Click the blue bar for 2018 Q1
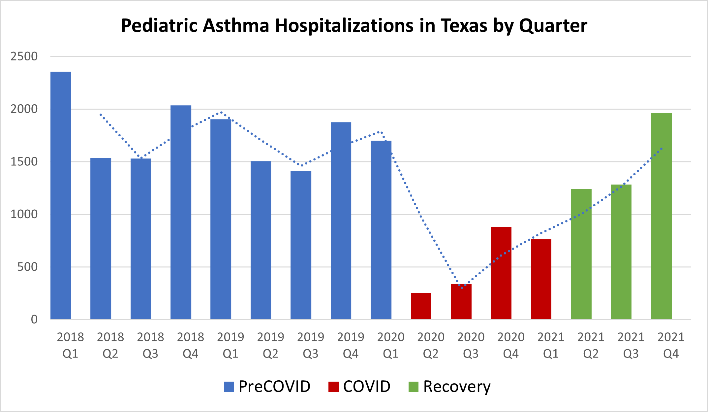[x=61, y=195]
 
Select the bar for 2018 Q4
[x=181, y=212]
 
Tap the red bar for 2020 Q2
[x=421, y=306]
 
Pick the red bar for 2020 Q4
[x=501, y=273]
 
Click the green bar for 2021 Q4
[x=661, y=216]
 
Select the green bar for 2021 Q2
[x=581, y=254]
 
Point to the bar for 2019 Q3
[x=301, y=245]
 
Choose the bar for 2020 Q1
[x=381, y=230]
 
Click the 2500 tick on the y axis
[x=24, y=56]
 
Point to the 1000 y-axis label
[x=24, y=214]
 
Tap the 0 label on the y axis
[x=34, y=319]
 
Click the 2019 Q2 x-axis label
[x=270, y=345]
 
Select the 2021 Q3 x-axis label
[x=631, y=345]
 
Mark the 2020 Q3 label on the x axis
[x=471, y=345]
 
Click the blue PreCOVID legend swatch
[x=229, y=387]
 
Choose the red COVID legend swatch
[x=333, y=387]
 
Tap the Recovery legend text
[x=457, y=387]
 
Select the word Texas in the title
[x=464, y=25]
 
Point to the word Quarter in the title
[x=553, y=26]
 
